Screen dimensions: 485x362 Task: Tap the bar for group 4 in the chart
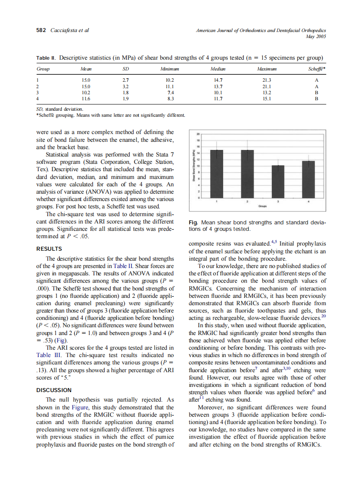click(x=308, y=179)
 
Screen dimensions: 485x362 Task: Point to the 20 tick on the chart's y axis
click(x=198, y=134)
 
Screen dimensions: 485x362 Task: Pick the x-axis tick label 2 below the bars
click(x=247, y=202)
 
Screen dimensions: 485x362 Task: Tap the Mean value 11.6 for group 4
click(x=86, y=99)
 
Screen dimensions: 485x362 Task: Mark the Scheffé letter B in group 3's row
click(x=317, y=93)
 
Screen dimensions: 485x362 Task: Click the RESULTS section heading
click(x=49, y=249)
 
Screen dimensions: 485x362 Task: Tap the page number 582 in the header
click(x=41, y=30)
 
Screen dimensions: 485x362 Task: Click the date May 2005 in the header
click(x=315, y=37)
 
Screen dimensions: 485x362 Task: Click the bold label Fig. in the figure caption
click(x=194, y=223)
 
